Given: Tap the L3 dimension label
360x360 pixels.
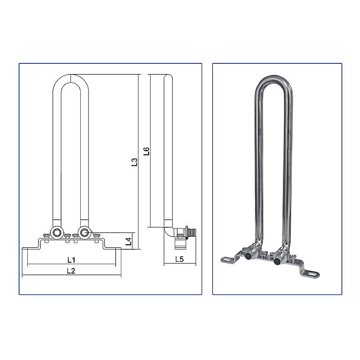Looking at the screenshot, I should click(x=134, y=162).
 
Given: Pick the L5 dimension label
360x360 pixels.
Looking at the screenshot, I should click(x=179, y=259).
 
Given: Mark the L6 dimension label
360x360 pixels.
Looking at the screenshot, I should click(x=146, y=151).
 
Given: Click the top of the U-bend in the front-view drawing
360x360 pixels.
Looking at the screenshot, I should click(x=70, y=77).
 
